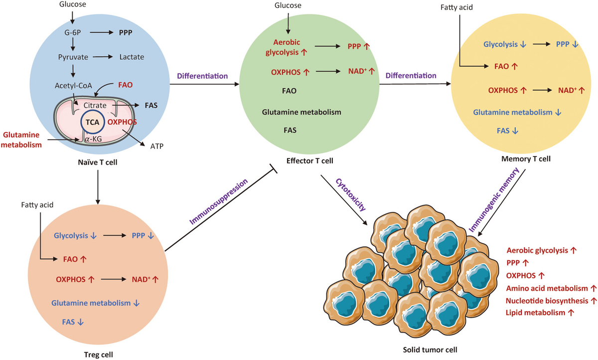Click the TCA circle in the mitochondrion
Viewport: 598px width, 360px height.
92,122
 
